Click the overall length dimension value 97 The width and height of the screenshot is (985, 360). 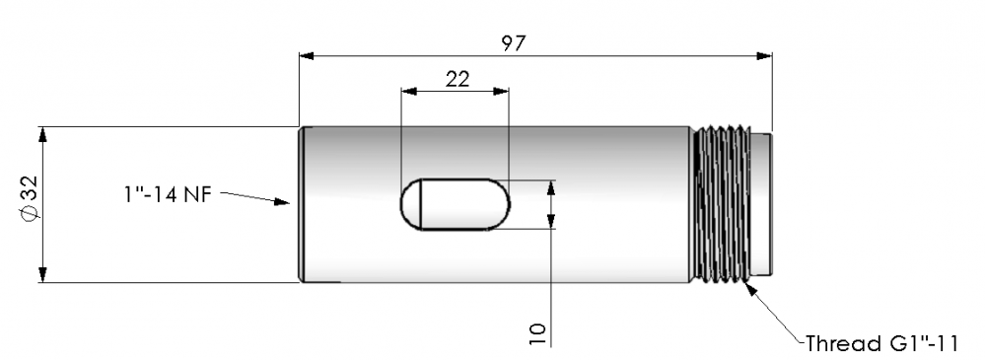point(514,43)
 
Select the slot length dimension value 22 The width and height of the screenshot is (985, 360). point(457,79)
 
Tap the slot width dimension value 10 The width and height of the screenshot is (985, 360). point(537,333)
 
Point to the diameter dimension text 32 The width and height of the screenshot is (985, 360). point(31,187)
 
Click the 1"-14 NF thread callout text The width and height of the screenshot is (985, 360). point(167,194)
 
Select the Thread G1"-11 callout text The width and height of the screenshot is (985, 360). point(882,343)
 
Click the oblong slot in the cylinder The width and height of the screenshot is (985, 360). point(456,204)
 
